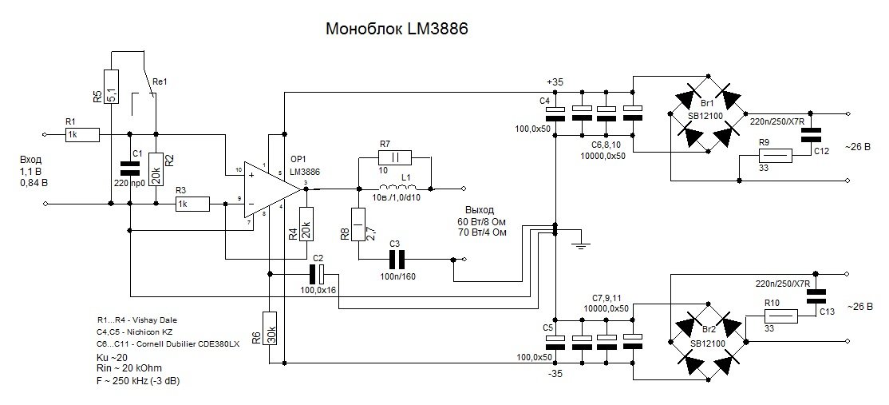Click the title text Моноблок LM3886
click(x=396, y=30)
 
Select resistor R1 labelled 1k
click(x=82, y=134)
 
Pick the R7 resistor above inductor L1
click(x=394, y=156)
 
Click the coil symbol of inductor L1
click(x=394, y=189)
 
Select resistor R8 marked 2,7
click(x=358, y=224)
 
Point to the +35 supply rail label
click(x=555, y=82)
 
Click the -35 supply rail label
click(x=556, y=372)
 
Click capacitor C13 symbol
click(x=815, y=296)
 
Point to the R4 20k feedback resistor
click(x=304, y=224)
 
